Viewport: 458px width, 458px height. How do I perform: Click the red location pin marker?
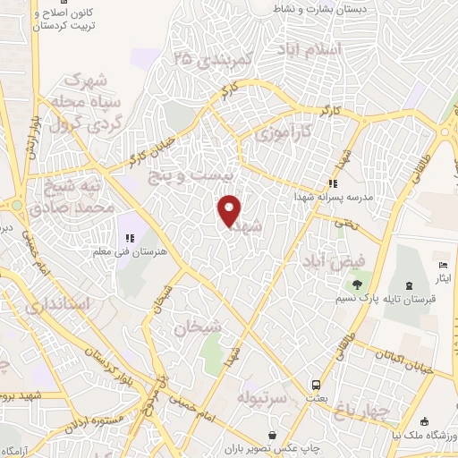pyautogui.click(x=230, y=209)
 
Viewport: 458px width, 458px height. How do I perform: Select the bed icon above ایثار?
pyautogui.click(x=443, y=265)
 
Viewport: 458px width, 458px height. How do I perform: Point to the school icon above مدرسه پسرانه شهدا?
pyautogui.click(x=333, y=183)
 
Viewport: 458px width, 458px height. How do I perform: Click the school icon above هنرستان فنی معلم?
pyautogui.click(x=130, y=238)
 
